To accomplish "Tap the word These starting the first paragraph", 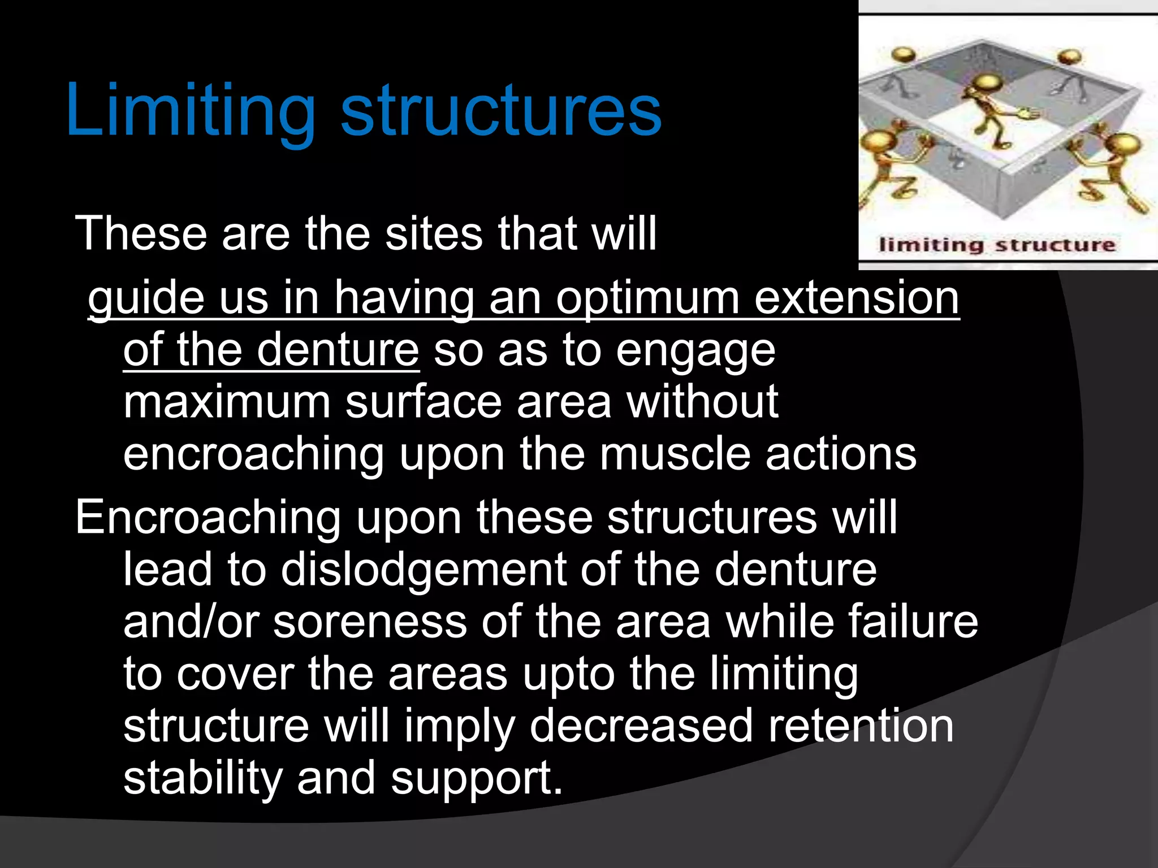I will pyautogui.click(x=141, y=233).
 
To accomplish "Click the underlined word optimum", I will pyautogui.click(x=647, y=298).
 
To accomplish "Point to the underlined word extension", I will pyautogui.click(x=857, y=298).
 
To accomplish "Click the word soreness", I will pyautogui.click(x=370, y=622).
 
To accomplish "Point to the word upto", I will pyautogui.click(x=568, y=674).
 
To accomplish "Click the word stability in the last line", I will pyautogui.click(x=202, y=778).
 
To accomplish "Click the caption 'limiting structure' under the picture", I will pyautogui.click(x=996, y=245).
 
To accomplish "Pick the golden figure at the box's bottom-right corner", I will pyautogui.click(x=1117, y=167).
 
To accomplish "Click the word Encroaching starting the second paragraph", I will pyautogui.click(x=208, y=517).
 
